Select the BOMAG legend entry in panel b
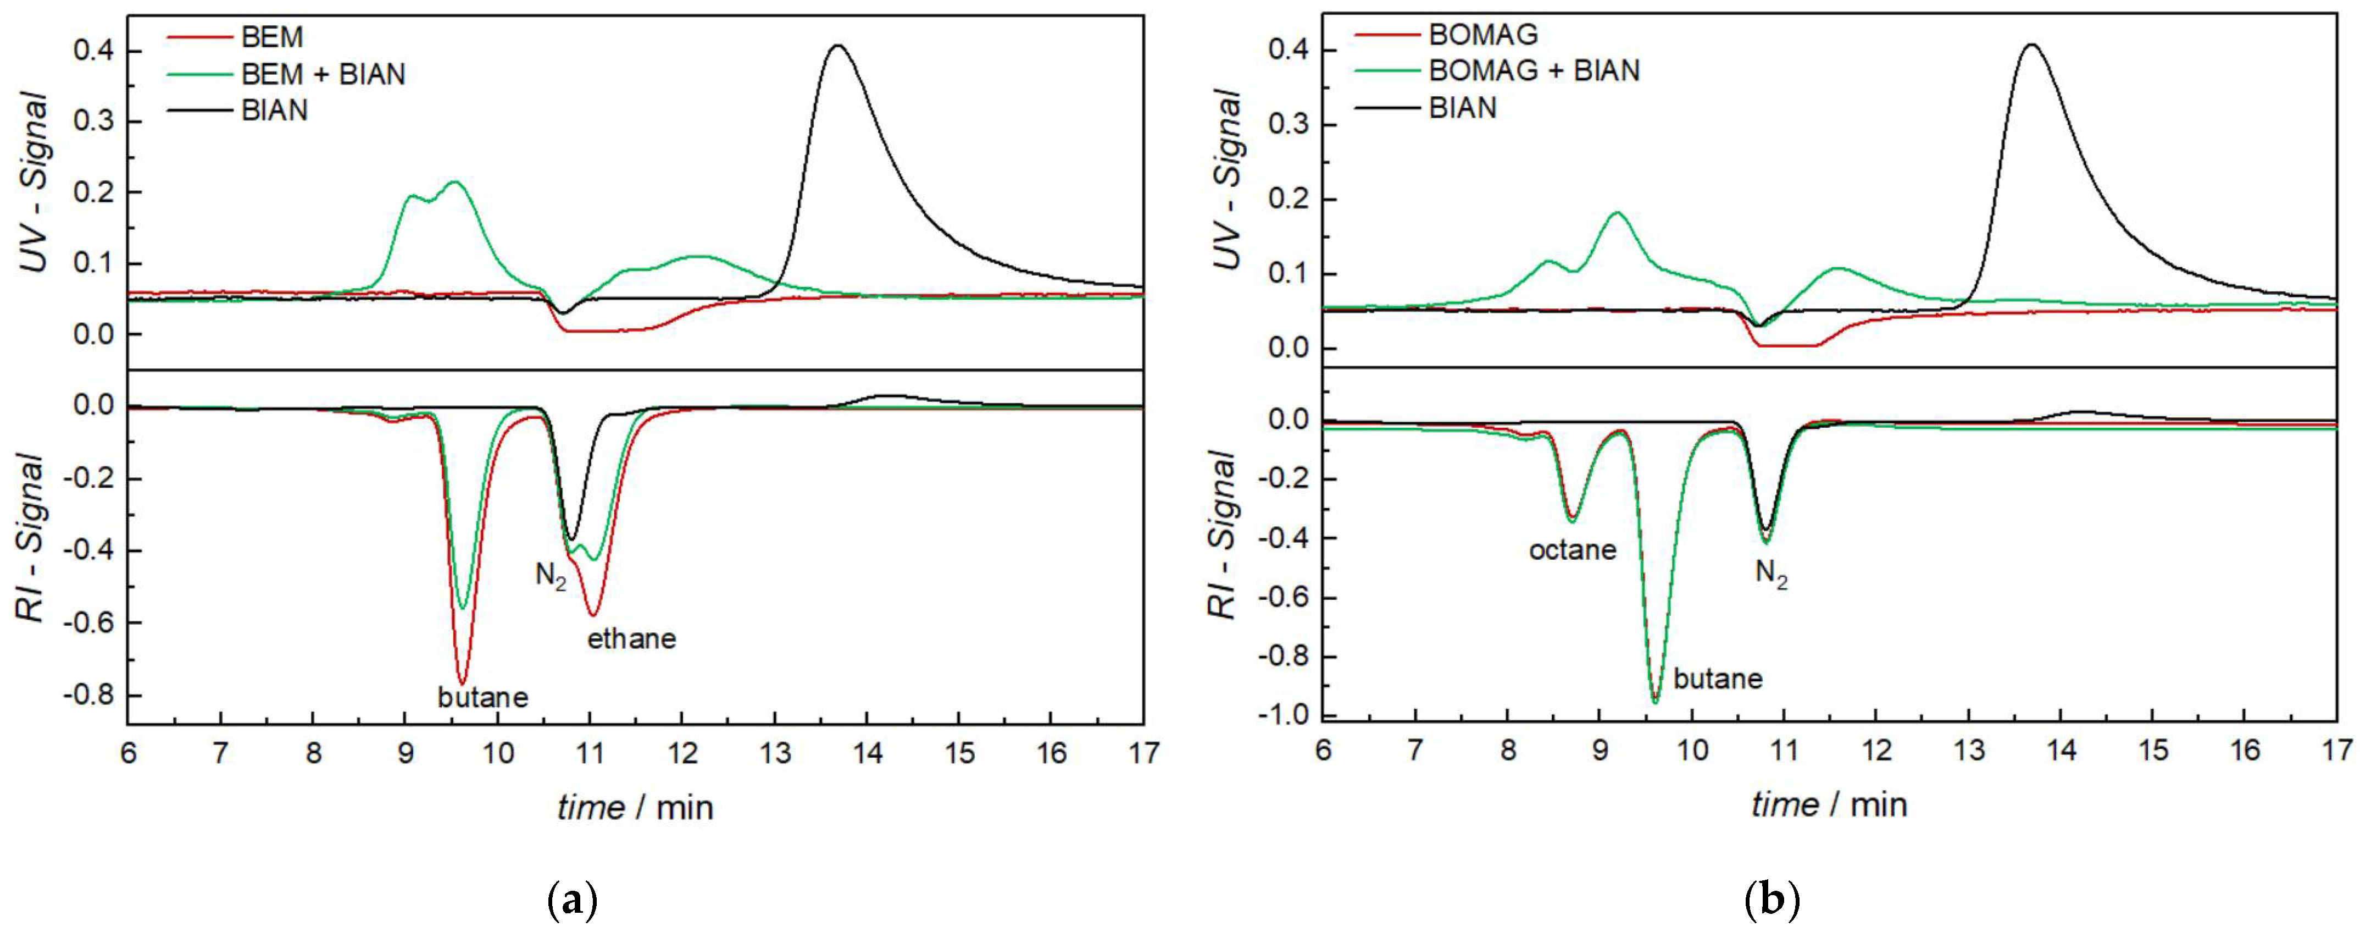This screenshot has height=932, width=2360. tap(1482, 35)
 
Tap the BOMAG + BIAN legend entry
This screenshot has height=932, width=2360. tap(1534, 70)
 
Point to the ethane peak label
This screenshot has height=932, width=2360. tap(631, 639)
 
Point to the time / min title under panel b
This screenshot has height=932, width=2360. tap(1829, 804)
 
